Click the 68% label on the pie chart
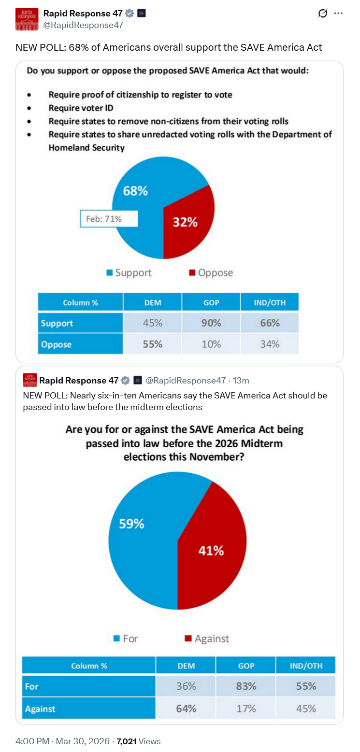[135, 191]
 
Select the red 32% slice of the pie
[186, 222]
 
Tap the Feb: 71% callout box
[109, 219]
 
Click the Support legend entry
[129, 273]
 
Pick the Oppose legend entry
[211, 273]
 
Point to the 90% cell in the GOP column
[211, 323]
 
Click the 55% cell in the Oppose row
[152, 344]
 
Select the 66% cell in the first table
[270, 323]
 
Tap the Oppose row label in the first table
[57, 344]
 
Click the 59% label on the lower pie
[131, 524]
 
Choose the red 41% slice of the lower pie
[211, 550]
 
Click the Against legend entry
[207, 638]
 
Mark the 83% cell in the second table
[246, 686]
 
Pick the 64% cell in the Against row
[186, 709]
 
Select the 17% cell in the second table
[246, 709]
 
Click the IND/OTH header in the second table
[306, 666]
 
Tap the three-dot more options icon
[339, 14]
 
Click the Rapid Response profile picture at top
[27, 19]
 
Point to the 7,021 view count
[127, 741]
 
